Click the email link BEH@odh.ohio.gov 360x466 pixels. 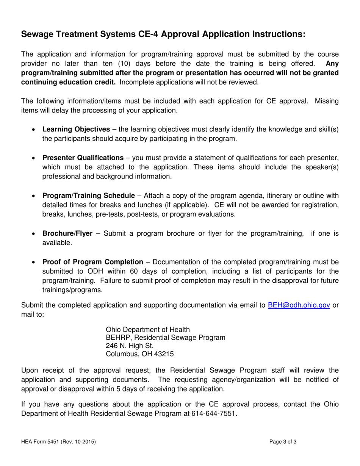pyautogui.click(x=299, y=305)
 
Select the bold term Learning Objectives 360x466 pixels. pyautogui.click(x=76, y=129)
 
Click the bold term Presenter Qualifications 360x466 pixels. pyautogui.click(x=83, y=158)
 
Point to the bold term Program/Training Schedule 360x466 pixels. pyautogui.click(x=88, y=195)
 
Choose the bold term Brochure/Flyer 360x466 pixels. pyautogui.click(x=67, y=233)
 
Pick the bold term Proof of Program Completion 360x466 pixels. pyautogui.click(x=93, y=262)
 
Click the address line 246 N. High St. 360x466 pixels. pyautogui.click(x=130, y=346)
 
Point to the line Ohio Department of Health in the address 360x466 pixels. pyautogui.click(x=148, y=329)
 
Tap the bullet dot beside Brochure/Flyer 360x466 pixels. pyautogui.click(x=34, y=234)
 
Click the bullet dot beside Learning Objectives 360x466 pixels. pyautogui.click(x=34, y=130)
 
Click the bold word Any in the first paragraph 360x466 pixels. pyautogui.click(x=332, y=63)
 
